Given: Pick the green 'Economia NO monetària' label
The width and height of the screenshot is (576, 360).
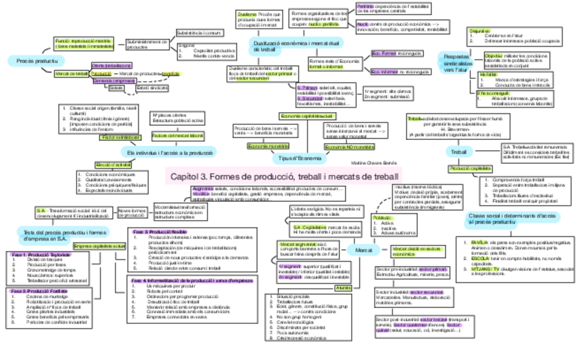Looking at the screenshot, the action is pyautogui.click(x=346, y=147).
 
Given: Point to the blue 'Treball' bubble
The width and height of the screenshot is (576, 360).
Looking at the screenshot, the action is pyautogui.click(x=459, y=151).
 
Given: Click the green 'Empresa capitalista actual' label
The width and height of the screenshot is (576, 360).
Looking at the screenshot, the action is pyautogui.click(x=99, y=245).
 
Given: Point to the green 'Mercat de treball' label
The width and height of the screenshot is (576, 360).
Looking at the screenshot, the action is pyautogui.click(x=71, y=73).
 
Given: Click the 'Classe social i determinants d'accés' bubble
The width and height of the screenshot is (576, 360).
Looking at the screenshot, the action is pyautogui.click(x=514, y=219).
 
